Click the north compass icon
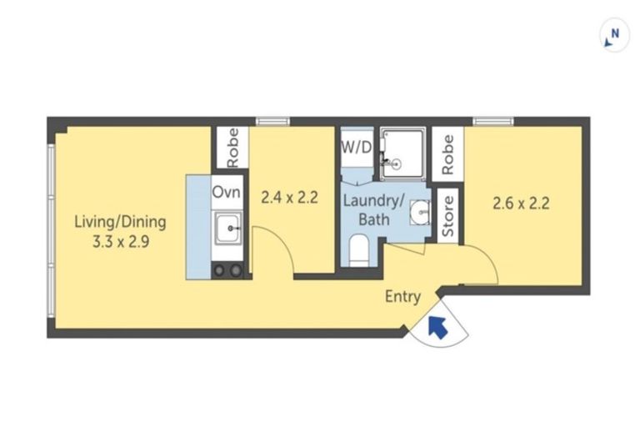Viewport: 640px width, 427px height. pos(614,36)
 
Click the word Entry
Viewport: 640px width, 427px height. pos(402,297)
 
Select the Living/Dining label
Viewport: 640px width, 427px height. pos(120,223)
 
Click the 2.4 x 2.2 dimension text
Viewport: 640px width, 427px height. pos(289,199)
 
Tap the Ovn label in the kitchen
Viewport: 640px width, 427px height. pos(226,192)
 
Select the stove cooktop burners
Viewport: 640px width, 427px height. pos(227,270)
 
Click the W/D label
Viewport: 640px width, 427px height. pos(356,148)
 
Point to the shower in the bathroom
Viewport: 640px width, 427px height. pos(402,153)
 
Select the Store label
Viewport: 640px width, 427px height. pos(447,216)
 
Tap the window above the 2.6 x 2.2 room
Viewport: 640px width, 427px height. pos(490,122)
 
